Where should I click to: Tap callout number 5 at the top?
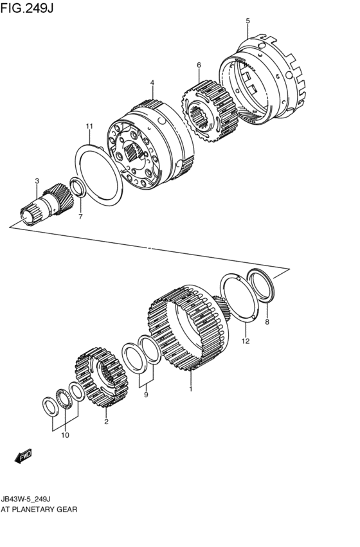coord(248,21)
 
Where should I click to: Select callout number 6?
coord(199,65)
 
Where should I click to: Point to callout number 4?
coord(152,83)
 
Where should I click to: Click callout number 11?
coord(89,126)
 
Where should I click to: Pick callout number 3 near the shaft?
coord(37,181)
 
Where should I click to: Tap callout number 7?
coord(80,217)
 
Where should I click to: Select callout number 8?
coord(267,321)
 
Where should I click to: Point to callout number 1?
coord(190,389)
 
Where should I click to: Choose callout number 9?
coord(146,395)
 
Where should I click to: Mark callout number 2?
coord(106,422)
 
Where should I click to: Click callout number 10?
coord(64,436)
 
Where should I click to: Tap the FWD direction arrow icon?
coord(23,457)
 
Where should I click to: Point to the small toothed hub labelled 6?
coord(205,112)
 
